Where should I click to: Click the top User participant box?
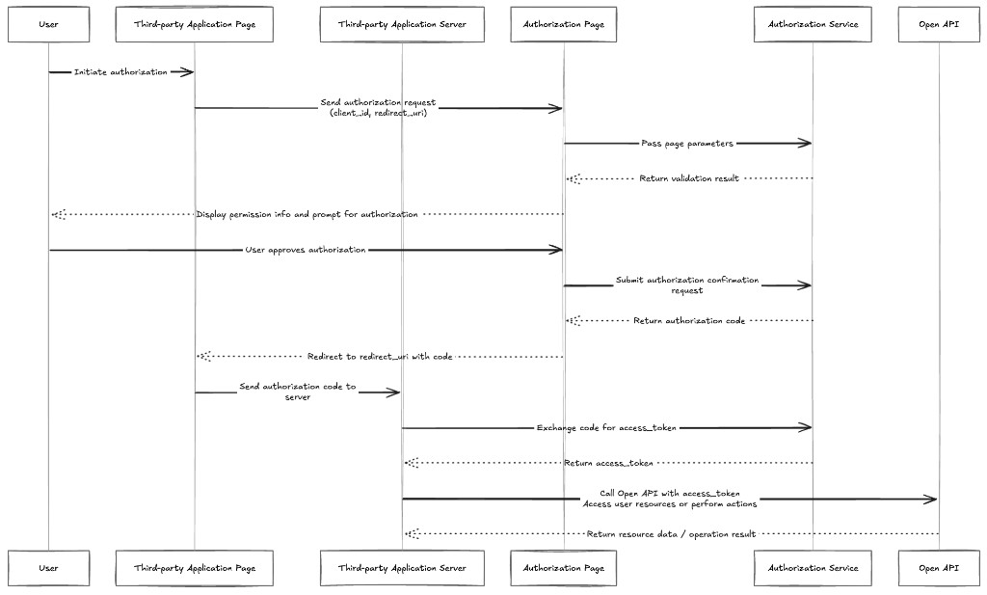click(x=48, y=24)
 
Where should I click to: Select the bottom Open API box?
click(x=939, y=568)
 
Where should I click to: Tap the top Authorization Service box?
click(x=813, y=24)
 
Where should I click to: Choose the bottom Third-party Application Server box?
click(x=402, y=568)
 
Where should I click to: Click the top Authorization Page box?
click(x=563, y=24)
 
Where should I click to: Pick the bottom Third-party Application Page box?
click(x=195, y=568)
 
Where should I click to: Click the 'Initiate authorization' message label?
click(x=120, y=72)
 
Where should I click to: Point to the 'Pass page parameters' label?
click(x=687, y=144)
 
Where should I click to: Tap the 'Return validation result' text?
click(x=689, y=178)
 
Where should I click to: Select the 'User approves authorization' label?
click(x=306, y=250)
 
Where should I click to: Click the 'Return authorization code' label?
click(x=689, y=321)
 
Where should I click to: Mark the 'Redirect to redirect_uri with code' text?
click(x=380, y=357)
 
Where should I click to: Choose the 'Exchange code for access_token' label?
click(x=606, y=428)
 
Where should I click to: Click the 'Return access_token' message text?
click(x=609, y=464)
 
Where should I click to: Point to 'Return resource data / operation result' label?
click(x=671, y=534)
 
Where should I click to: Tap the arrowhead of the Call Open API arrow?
click(x=931, y=500)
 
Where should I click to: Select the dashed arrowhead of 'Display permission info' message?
click(x=58, y=215)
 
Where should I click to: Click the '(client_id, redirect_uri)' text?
click(x=378, y=114)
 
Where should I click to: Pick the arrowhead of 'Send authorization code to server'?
click(x=393, y=392)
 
